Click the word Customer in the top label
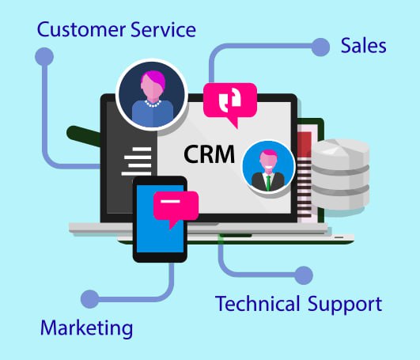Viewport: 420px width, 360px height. click(81, 29)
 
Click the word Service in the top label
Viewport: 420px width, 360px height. click(164, 29)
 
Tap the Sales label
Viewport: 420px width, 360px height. click(364, 46)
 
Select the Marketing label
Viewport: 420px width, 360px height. click(86, 328)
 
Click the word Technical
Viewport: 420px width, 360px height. click(257, 304)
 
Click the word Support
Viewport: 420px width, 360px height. click(345, 305)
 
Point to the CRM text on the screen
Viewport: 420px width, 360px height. click(209, 154)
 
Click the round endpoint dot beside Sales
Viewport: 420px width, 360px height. click(320, 47)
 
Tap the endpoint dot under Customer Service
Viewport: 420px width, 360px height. click(44, 57)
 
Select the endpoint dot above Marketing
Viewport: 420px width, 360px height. click(89, 299)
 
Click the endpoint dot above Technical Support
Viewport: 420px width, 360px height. click(304, 275)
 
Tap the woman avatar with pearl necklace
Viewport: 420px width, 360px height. click(152, 95)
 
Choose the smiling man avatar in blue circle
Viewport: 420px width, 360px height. click(268, 167)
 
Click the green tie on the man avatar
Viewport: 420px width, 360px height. click(268, 183)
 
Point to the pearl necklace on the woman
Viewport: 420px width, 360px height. click(153, 104)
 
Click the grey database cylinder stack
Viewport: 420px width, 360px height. click(340, 174)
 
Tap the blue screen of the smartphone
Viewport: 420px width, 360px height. click(161, 219)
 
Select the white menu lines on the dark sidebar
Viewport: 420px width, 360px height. click(136, 161)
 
